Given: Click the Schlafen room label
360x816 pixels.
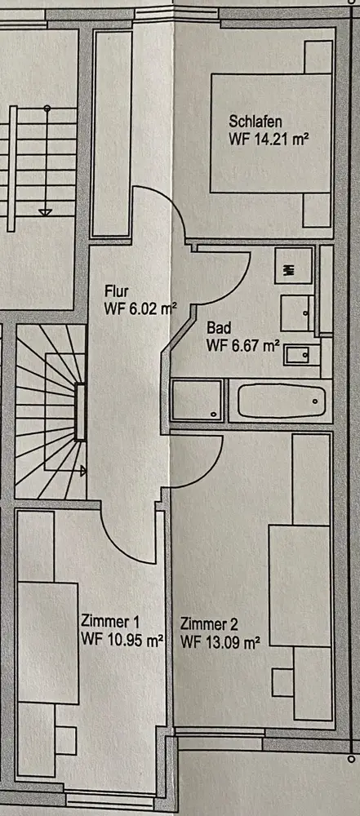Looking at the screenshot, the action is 256,122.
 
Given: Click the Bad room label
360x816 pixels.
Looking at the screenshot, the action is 219,328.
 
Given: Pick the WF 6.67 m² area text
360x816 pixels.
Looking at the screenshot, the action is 244,345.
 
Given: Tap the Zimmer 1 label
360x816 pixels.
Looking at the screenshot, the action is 110,621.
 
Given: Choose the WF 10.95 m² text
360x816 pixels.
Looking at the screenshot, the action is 123,639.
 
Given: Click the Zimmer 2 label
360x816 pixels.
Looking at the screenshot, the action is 210,623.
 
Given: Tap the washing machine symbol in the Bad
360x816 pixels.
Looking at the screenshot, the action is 294,265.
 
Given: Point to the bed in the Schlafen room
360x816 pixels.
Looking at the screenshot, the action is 271,133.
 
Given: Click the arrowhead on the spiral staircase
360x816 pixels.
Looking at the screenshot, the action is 82,471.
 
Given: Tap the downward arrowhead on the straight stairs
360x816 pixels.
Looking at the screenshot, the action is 46,212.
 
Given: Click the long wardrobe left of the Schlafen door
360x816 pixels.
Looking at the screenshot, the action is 112,133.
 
